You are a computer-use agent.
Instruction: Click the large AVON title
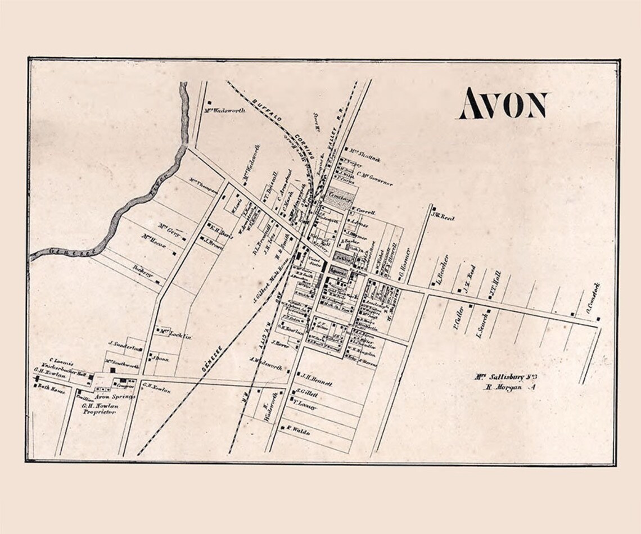503,105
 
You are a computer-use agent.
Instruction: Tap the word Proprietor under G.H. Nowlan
99,412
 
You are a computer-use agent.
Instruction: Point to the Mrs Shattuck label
365,159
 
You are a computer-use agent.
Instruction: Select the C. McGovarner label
374,178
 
